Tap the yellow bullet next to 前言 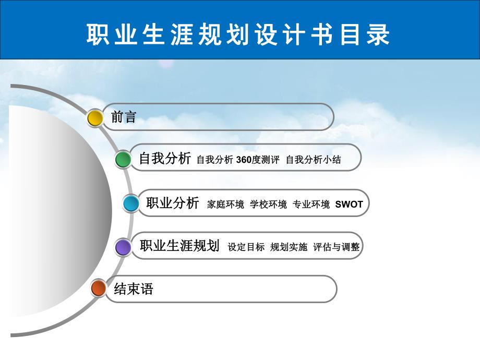point(95,117)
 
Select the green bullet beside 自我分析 point(123,159)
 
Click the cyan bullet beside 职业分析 point(131,203)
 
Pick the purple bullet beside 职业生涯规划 point(123,247)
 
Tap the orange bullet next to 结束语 point(98,288)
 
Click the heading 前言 point(124,117)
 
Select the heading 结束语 point(134,289)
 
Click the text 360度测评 point(258,160)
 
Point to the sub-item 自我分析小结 point(313,160)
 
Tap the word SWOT point(349,204)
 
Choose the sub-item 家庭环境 point(225,204)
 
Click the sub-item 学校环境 point(268,204)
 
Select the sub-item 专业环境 point(311,204)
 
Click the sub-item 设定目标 point(246,247)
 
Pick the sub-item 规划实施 point(289,247)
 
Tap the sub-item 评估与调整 point(337,247)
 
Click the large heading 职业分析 point(173,203)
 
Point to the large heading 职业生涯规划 point(179,246)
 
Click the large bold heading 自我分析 point(165,159)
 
